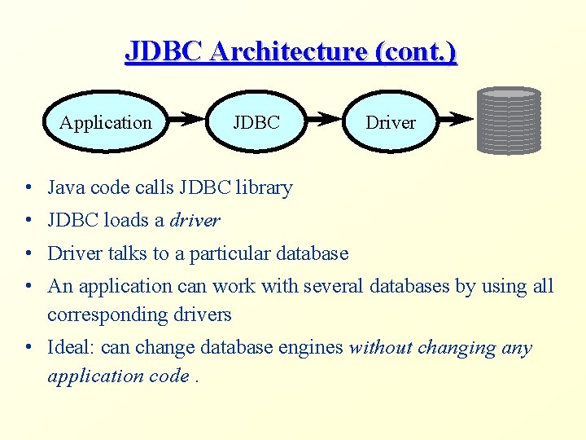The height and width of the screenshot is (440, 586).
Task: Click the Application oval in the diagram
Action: tap(105, 122)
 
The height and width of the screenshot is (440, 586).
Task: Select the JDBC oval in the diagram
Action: tap(256, 122)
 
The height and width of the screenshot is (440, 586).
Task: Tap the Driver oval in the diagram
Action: tap(390, 122)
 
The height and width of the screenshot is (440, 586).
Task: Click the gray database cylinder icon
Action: tap(509, 121)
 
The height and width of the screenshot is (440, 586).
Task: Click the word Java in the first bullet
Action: tap(64, 187)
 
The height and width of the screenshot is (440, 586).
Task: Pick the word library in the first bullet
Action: tap(264, 187)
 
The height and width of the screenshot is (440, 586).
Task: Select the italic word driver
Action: tap(195, 220)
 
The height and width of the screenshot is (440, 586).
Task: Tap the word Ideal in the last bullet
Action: tap(72, 348)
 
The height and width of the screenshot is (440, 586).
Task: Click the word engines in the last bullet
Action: tap(313, 348)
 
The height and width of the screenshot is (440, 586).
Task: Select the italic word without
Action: tap(380, 348)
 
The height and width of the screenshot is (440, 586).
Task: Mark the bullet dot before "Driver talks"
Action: tap(28, 253)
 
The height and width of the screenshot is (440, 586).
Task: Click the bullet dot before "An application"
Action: tap(28, 286)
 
